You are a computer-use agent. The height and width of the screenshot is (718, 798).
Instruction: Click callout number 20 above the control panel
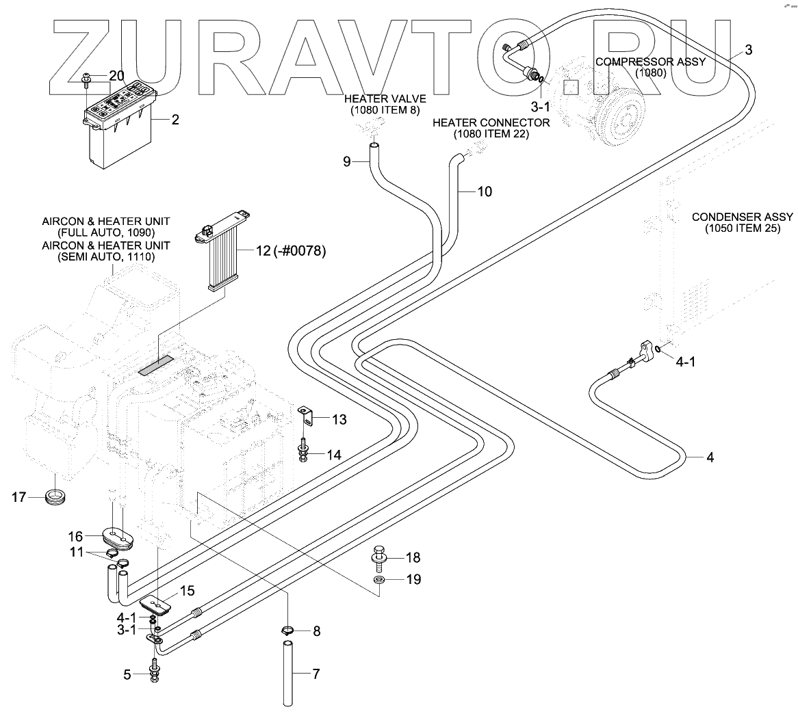tap(116, 75)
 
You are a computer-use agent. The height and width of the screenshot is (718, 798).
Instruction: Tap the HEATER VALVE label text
tap(385, 99)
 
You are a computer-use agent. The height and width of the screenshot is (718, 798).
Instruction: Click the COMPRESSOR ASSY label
tap(650, 61)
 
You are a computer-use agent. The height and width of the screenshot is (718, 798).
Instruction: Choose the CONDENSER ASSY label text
tap(742, 217)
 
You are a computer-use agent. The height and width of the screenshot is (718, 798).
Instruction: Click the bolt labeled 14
tap(303, 451)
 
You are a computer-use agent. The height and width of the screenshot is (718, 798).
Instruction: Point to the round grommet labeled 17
tap(54, 497)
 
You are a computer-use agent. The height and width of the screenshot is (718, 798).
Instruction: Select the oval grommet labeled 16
tap(117, 537)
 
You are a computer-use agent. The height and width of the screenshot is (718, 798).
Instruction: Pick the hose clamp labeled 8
tap(288, 630)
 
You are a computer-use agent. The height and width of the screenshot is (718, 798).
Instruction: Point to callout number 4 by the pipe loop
tap(710, 457)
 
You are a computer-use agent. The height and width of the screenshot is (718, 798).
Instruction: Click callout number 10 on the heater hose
tap(484, 191)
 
